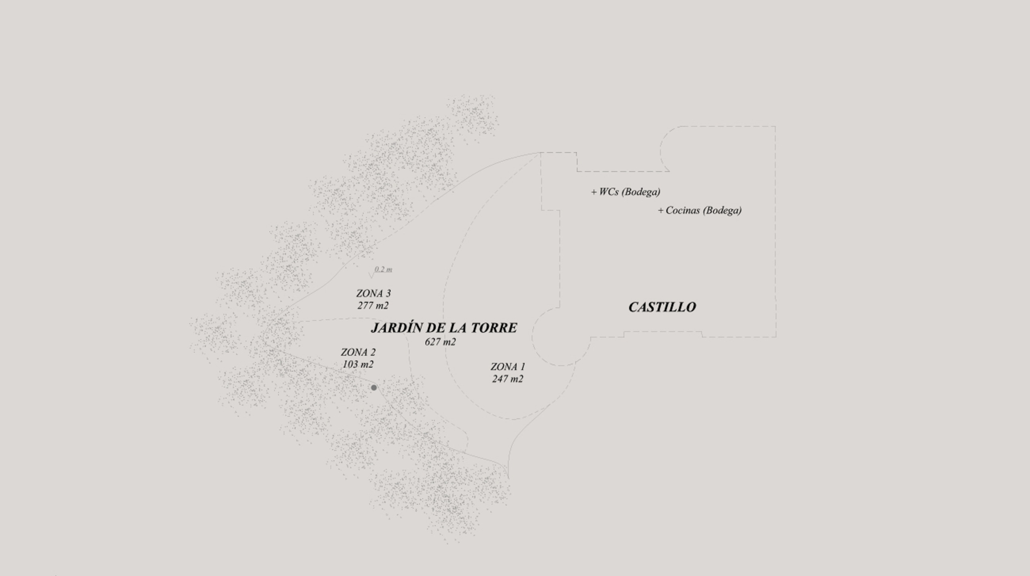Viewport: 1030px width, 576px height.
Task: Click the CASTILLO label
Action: tap(662, 307)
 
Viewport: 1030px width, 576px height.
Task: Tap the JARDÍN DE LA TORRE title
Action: tap(444, 328)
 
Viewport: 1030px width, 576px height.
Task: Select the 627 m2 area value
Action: tap(440, 342)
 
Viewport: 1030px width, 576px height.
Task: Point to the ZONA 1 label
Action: tap(508, 367)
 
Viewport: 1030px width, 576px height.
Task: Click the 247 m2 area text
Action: tap(507, 379)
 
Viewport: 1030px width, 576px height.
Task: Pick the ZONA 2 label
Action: tap(358, 352)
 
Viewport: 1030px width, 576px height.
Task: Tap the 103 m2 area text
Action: tap(358, 364)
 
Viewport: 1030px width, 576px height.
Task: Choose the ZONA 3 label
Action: tap(373, 294)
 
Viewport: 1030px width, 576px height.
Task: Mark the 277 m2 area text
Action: tap(373, 306)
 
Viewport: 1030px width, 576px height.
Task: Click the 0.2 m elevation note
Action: tap(383, 269)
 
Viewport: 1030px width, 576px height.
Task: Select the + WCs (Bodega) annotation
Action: tap(626, 192)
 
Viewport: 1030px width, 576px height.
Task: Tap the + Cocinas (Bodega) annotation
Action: tap(700, 210)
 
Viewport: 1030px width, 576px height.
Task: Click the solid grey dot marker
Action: tap(374, 388)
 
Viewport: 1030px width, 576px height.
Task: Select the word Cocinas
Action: tap(683, 210)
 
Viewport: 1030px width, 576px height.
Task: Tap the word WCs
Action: tap(609, 192)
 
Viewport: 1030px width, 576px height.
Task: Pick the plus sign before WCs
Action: tap(594, 192)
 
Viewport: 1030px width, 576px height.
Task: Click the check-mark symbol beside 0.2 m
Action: tap(371, 275)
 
